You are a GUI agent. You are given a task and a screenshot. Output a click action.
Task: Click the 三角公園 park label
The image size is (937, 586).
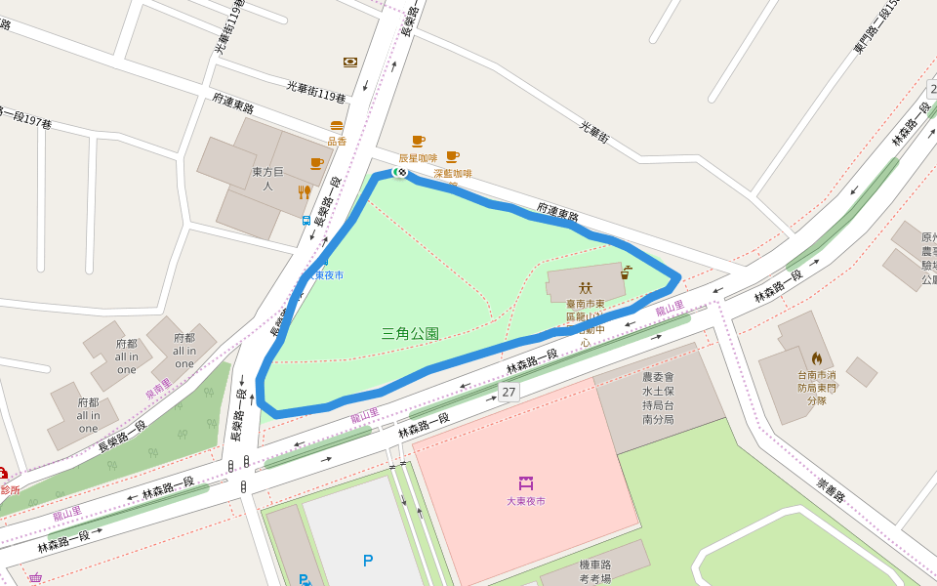click(410, 334)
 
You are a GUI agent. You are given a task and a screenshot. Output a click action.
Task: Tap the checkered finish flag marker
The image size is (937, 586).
click(399, 172)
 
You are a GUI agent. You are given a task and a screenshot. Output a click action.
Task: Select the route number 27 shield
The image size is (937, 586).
click(509, 392)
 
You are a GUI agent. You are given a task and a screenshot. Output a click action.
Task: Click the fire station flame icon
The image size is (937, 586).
click(817, 358)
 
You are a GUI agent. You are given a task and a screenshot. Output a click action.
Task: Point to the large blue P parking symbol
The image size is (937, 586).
click(368, 561)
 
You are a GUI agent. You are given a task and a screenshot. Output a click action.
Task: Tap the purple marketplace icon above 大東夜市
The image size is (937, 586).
click(526, 482)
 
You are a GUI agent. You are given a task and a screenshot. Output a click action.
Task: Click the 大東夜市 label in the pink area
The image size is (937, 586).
click(526, 501)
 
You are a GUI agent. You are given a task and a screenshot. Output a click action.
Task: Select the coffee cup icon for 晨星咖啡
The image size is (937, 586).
click(418, 142)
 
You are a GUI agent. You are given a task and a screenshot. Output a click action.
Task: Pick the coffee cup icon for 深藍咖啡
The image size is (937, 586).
click(452, 156)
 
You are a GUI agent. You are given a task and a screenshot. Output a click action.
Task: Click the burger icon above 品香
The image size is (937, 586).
click(337, 126)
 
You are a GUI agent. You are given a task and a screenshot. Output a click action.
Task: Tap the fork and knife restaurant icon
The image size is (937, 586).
click(305, 192)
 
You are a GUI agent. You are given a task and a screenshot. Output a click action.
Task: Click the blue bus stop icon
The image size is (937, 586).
click(306, 221)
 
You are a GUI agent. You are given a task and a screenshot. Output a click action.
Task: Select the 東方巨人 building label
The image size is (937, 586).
click(268, 179)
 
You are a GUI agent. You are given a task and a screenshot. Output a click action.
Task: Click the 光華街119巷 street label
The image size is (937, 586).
click(316, 92)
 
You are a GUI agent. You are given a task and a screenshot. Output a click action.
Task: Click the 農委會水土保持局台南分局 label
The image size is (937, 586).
click(657, 398)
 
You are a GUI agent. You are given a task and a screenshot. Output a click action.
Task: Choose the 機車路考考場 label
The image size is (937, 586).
click(594, 571)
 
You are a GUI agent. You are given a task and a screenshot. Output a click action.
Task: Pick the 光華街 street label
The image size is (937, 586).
click(594, 133)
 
